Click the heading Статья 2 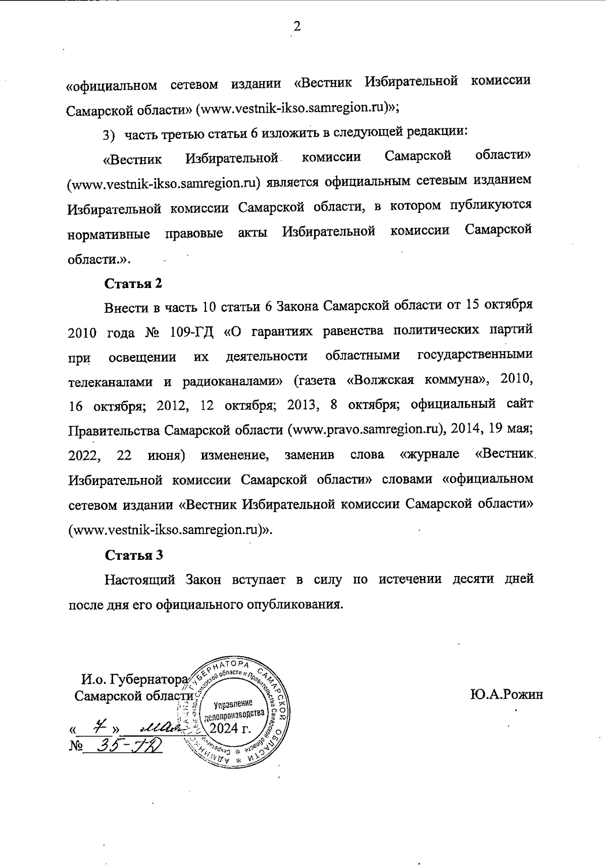[x=133, y=283]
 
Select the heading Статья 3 [x=133, y=555]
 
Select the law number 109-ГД [x=192, y=332]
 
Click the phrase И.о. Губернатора [x=134, y=679]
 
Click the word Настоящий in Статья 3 [x=139, y=579]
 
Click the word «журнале [x=429, y=454]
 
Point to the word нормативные [x=109, y=235]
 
